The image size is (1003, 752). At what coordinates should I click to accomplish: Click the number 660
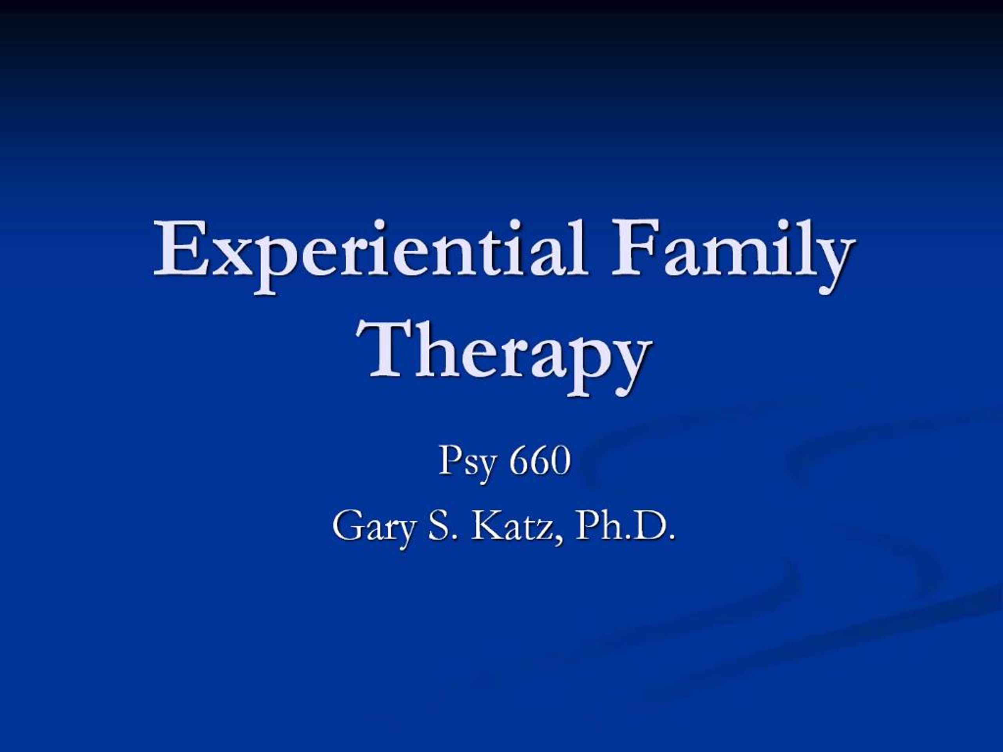(539, 461)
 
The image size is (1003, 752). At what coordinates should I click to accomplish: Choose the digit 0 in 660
(560, 461)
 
